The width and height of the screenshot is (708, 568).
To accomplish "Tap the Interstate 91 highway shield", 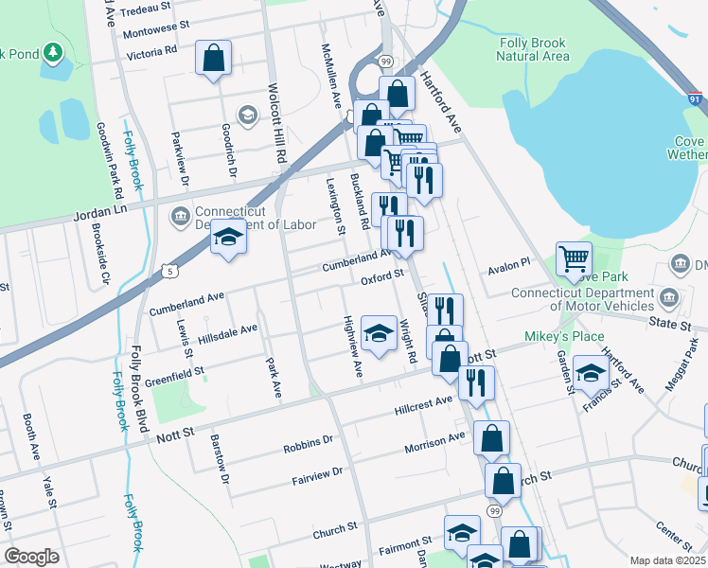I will pyautogui.click(x=696, y=98).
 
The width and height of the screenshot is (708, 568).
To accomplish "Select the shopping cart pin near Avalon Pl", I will pyautogui.click(x=574, y=257).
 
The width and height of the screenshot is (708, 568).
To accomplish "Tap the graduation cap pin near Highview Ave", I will pyautogui.click(x=379, y=333).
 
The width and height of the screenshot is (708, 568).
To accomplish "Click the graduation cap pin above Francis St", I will pyautogui.click(x=591, y=372).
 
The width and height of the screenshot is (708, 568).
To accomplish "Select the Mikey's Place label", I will pyautogui.click(x=564, y=337).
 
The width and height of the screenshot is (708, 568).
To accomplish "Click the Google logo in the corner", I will pyautogui.click(x=31, y=557).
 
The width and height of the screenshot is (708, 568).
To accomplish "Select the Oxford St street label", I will pyautogui.click(x=382, y=276).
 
